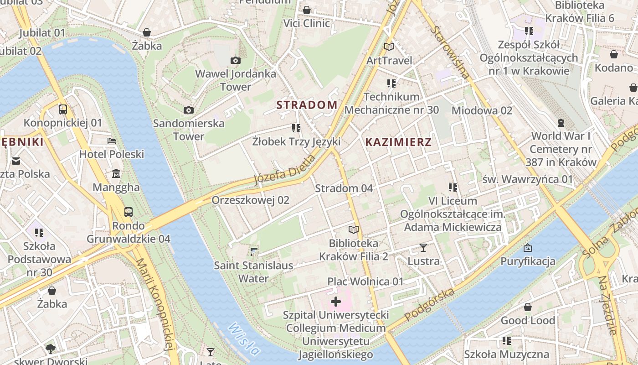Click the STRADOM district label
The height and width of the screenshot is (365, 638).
pos(307,105)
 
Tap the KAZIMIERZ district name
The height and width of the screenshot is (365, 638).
pos(398,142)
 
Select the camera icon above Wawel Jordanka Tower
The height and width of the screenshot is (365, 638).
pos(236,60)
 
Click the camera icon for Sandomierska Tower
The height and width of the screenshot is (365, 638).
pos(188,110)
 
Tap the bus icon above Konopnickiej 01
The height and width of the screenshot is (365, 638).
pos(63,109)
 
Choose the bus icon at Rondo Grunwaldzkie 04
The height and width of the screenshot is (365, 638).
pos(129,212)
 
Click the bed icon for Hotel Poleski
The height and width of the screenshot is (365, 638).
pos(112,141)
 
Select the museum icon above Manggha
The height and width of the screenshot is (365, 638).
pos(116,174)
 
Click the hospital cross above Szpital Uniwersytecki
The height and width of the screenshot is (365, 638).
pos(336,301)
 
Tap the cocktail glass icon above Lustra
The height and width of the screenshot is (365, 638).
pos(423,248)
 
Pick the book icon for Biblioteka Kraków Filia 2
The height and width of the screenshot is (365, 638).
pos(354,229)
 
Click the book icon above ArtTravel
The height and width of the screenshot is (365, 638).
pos(389,47)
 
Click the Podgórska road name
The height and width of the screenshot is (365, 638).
pos(429,304)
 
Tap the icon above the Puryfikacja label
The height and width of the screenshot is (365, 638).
pos(528,248)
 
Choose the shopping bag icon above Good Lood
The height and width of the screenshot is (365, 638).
pos(528,307)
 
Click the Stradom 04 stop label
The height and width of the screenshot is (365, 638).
pos(344,188)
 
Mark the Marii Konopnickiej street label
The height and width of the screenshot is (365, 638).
pos(156,310)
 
